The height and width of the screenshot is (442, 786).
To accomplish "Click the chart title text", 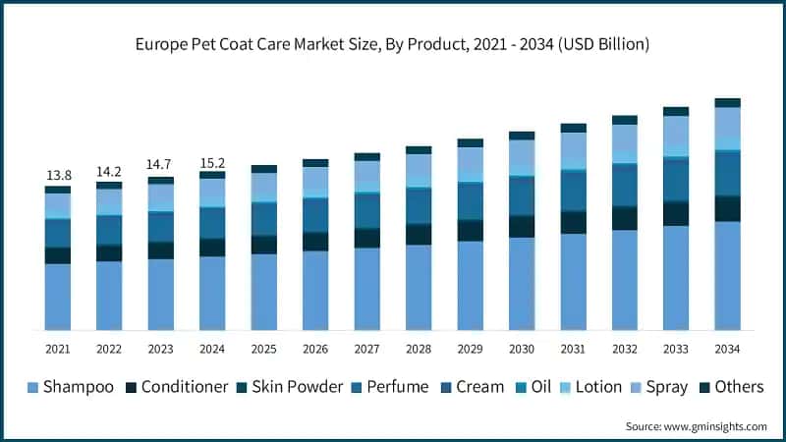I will [393, 45].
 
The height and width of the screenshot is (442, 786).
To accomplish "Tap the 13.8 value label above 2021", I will [58, 175].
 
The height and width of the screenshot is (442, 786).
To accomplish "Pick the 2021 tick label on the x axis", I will [58, 349].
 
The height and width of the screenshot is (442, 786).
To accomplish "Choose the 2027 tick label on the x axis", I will [366, 349].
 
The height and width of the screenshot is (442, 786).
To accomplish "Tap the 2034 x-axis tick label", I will [727, 349].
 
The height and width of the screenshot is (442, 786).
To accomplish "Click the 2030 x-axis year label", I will [522, 349].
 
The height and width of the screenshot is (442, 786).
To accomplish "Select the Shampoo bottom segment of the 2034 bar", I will [727, 275].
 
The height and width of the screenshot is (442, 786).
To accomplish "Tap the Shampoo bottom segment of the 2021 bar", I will [58, 296].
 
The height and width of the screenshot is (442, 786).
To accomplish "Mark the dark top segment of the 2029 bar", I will [470, 142].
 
